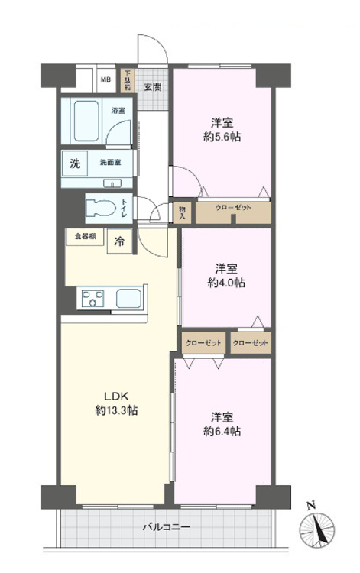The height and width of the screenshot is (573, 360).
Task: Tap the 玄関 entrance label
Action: click(152, 86)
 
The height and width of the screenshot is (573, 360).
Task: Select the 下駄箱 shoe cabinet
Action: click(128, 79)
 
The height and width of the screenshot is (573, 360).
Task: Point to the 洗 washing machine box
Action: click(75, 163)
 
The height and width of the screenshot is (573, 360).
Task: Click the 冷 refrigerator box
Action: click(120, 241)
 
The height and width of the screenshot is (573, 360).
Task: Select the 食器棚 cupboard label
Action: click(85, 237)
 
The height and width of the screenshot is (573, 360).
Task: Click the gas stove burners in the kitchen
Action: click(92, 297)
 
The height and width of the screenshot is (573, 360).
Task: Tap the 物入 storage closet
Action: click(183, 212)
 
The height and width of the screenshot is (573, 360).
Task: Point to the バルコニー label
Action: click(166, 527)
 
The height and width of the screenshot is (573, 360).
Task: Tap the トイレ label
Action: click(125, 206)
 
